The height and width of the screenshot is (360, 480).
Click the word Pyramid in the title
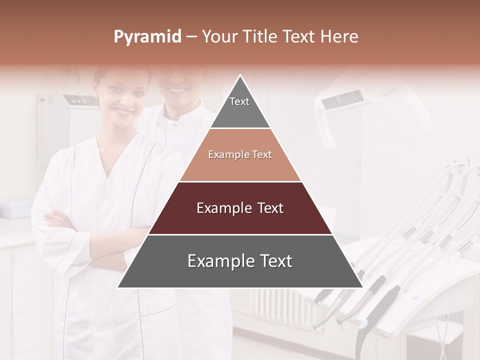(147, 37)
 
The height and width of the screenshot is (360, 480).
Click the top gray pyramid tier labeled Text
(239, 107)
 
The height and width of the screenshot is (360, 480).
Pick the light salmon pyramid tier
(240, 155)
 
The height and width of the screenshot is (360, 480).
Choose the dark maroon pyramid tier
(240, 208)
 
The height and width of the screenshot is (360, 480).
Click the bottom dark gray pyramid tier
(240, 261)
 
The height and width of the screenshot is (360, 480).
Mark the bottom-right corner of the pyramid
(361, 287)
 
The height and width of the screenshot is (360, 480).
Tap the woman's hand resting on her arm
(55, 219)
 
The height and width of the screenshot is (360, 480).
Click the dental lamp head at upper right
(343, 100)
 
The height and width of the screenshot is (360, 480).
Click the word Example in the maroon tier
(218, 208)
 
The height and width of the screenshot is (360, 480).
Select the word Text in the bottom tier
(274, 261)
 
